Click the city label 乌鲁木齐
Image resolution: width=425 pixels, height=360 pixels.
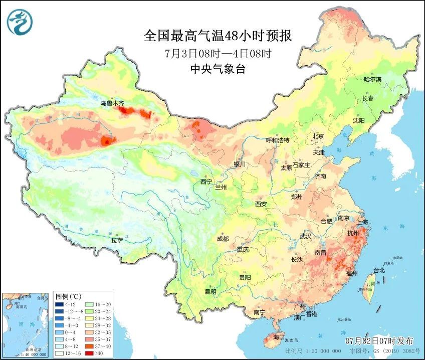click(x=111, y=103)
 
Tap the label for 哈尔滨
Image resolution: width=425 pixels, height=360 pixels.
click(x=372, y=80)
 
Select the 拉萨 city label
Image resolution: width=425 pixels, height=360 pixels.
click(x=117, y=240)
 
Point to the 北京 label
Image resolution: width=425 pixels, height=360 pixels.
click(x=318, y=136)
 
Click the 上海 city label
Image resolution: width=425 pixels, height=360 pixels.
click(x=362, y=222)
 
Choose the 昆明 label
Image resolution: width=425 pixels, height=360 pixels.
click(x=210, y=292)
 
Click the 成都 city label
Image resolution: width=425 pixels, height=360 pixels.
click(x=224, y=240)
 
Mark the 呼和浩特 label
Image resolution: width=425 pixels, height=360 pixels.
click(x=277, y=140)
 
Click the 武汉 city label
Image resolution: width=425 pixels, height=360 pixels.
click(x=306, y=236)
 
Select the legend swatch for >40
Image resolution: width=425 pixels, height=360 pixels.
click(x=88, y=353)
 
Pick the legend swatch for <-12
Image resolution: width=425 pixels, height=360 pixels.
click(x=60, y=304)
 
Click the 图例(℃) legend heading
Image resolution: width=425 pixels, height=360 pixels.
click(x=69, y=296)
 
